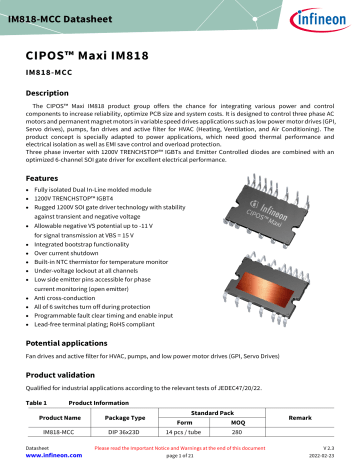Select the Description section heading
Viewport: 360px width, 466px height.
[52, 91]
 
